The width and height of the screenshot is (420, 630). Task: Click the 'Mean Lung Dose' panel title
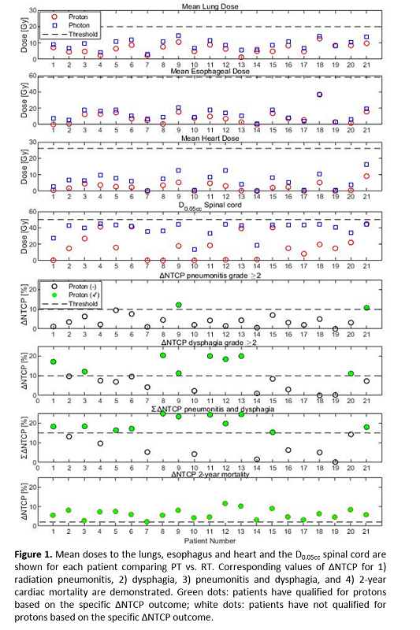210,6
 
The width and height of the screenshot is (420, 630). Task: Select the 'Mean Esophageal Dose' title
210,71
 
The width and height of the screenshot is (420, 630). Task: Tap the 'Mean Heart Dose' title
210,139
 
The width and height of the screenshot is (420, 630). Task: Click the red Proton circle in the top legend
54,17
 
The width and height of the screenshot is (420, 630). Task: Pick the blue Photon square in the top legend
54,25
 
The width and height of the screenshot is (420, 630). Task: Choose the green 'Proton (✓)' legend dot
54,295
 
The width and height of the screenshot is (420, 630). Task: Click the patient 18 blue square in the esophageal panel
319,94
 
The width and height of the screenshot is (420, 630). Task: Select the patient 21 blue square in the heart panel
366,165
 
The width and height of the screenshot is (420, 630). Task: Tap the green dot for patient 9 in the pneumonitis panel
178,305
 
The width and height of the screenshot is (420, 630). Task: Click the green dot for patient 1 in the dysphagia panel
54,361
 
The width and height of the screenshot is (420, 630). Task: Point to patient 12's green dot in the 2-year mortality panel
225,503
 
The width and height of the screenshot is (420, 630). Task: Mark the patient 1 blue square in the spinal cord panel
54,239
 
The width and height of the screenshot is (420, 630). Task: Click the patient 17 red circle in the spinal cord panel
304,254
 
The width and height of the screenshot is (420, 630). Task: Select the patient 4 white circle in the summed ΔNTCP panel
100,443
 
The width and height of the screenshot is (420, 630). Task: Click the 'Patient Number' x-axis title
210,541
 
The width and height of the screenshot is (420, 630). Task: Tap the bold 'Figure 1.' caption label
33,555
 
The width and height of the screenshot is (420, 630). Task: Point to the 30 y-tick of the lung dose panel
32,10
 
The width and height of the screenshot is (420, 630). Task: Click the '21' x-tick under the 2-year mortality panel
366,532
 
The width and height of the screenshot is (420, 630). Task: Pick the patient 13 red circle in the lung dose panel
241,57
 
